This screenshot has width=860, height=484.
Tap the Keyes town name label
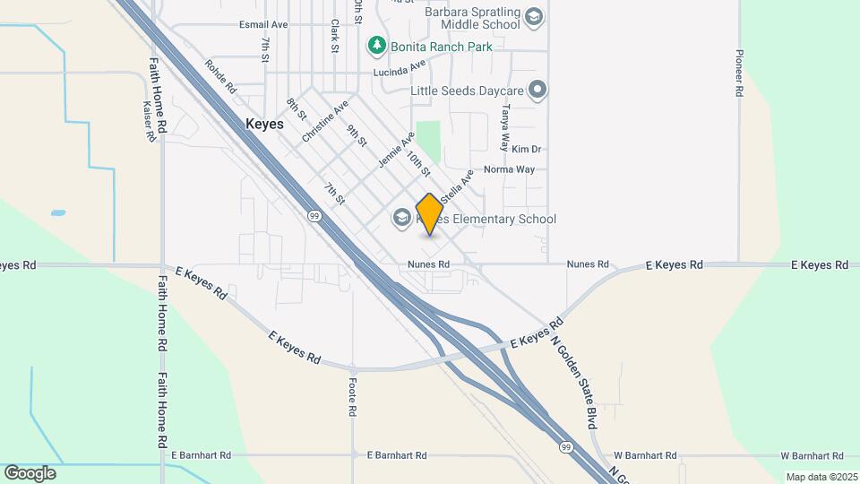pos(264,125)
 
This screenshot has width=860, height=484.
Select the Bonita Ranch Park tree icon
pos(377,44)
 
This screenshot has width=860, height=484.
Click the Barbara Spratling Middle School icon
pos(534,17)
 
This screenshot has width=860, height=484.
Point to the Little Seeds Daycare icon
pos(537,89)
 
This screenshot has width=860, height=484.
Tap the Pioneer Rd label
pos(740,66)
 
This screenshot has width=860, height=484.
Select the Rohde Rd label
pos(219,77)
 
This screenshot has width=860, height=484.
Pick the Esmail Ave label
pos(263,24)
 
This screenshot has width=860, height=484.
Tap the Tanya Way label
pos(504,128)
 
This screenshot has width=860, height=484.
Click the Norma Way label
pos(509,169)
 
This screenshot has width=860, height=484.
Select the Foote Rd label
pos(353,395)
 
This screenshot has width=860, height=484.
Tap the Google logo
pos(30,473)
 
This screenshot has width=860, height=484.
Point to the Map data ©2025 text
pos(820,477)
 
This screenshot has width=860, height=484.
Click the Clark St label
pos(334,36)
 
